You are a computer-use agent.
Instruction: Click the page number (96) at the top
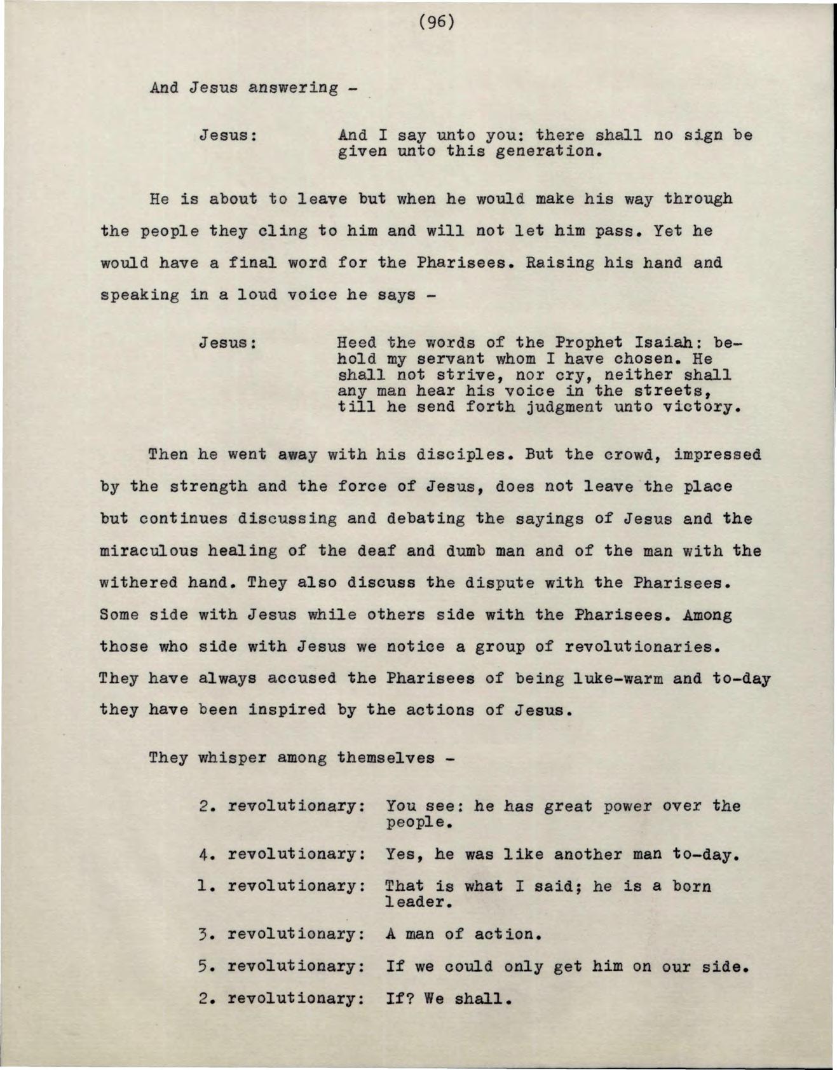point(437,22)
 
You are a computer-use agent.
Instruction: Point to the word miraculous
point(144,551)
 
